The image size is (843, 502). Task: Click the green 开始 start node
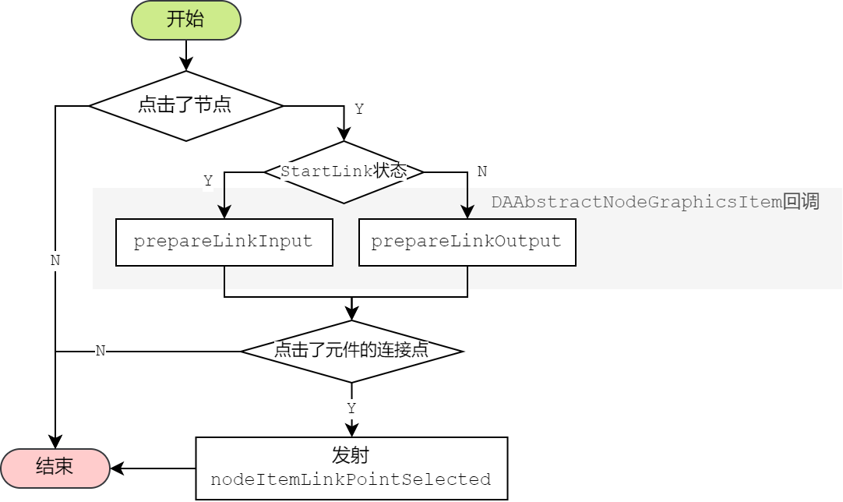coord(186,20)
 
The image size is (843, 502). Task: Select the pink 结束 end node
coord(55,467)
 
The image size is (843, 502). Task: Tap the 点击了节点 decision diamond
coord(185,105)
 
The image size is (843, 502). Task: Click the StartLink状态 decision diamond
coord(344,172)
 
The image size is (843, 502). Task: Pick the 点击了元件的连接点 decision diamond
coord(351,351)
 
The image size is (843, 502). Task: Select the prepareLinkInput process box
coord(224,242)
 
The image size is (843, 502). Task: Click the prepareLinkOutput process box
coord(467,242)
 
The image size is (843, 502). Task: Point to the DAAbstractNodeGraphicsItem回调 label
coord(654,202)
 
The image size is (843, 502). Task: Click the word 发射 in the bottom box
coord(351,455)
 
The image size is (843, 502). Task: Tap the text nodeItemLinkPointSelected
coord(351,479)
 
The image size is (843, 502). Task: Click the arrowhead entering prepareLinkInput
coord(224,212)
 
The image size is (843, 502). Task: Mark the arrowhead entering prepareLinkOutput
coord(467,212)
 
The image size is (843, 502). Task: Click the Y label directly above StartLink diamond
coord(358,109)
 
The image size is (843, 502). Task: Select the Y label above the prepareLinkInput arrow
coord(208,181)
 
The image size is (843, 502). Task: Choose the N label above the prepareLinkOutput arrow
coord(482,171)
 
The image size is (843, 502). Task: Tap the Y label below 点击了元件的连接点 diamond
coord(351,408)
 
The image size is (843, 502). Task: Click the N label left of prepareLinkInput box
coord(55,261)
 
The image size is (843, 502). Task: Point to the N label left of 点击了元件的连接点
coord(100,351)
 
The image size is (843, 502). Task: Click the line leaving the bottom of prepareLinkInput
coord(224,278)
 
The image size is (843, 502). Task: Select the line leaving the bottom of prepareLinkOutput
coord(467,278)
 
